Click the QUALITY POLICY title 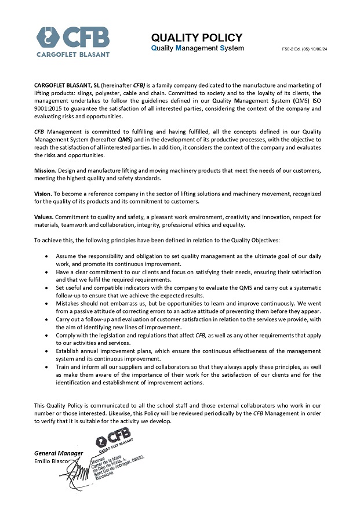tap(196, 38)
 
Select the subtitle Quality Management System tap(197, 48)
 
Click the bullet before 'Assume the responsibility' tap(46, 256)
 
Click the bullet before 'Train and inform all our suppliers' tap(46, 367)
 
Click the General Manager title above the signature tap(59, 453)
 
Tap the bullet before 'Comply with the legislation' tap(46, 336)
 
